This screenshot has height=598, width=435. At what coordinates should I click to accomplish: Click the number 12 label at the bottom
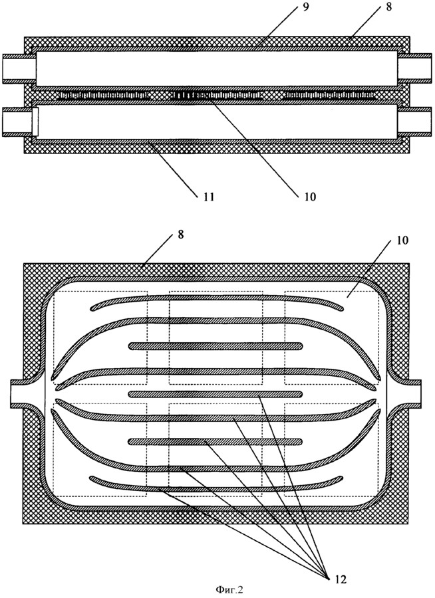click(338, 579)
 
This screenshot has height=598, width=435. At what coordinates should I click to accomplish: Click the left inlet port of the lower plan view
click(19, 393)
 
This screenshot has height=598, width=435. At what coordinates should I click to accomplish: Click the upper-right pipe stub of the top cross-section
click(419, 68)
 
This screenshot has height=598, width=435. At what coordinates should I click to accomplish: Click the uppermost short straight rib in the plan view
click(216, 346)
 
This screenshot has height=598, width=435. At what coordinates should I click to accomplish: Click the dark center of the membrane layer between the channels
click(193, 96)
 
